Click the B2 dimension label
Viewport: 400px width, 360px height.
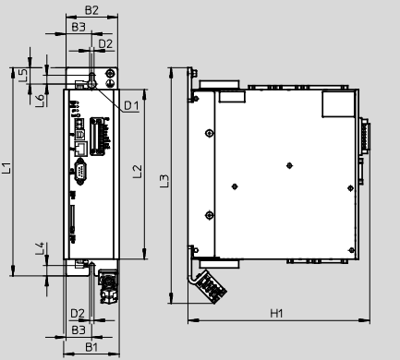click(91, 10)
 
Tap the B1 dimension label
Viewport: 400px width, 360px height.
click(91, 347)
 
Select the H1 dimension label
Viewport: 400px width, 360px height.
click(276, 313)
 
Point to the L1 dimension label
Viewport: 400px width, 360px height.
click(6, 168)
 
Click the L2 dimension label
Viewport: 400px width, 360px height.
click(138, 172)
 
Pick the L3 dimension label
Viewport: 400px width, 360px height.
click(164, 181)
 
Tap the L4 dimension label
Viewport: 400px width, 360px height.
click(40, 248)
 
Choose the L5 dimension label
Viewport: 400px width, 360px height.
click(23, 76)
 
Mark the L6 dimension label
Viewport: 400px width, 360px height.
click(40, 101)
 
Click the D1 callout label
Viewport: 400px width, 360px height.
click(131, 105)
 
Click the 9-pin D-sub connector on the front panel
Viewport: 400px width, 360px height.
click(80, 172)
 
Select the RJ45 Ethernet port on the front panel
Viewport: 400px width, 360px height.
click(81, 149)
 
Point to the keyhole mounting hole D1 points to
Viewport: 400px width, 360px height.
click(92, 81)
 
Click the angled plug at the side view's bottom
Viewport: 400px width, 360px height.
click(212, 286)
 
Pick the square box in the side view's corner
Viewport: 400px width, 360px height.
click(338, 104)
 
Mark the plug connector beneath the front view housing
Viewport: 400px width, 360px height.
click(108, 286)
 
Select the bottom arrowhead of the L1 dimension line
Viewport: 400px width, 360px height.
click(13, 270)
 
